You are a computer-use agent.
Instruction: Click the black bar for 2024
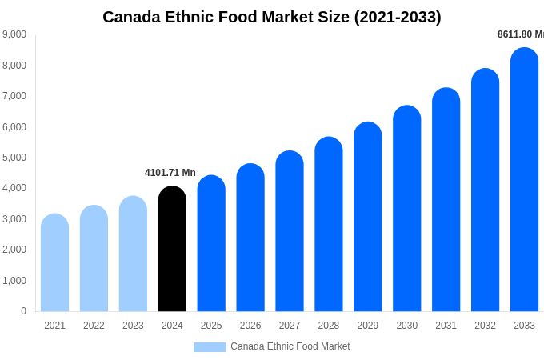click(x=172, y=249)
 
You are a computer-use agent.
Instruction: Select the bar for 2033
click(x=524, y=180)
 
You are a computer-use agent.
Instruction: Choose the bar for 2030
click(x=406, y=209)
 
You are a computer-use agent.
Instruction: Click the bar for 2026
click(x=250, y=238)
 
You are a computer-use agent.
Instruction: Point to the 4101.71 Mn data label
click(x=170, y=173)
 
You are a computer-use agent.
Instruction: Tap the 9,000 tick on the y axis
click(x=14, y=34)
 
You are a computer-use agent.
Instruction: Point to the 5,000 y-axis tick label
click(x=14, y=158)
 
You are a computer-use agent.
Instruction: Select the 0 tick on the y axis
click(x=23, y=311)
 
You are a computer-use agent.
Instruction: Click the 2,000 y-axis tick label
click(x=14, y=250)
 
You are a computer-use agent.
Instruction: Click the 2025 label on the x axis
click(x=211, y=326)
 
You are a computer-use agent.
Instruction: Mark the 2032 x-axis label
click(x=485, y=326)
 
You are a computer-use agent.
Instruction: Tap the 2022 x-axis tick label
click(x=94, y=326)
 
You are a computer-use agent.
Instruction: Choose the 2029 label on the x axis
click(x=367, y=326)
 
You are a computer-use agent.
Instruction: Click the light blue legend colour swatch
click(x=210, y=347)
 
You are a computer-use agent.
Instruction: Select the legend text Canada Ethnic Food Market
click(x=290, y=346)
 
